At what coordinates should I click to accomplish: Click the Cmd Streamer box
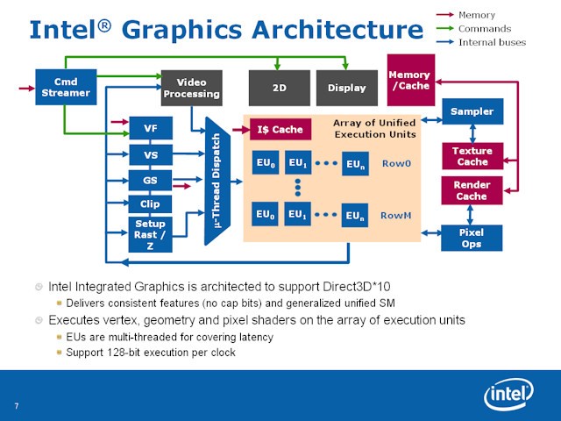coord(66,87)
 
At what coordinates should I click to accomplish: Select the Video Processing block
coord(191,88)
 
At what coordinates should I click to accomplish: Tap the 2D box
coord(279,88)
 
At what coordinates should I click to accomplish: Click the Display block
coord(346,88)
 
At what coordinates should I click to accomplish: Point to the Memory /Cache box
coord(410,80)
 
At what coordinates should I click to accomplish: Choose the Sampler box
coord(472,111)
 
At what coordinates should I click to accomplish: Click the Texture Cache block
coord(472,156)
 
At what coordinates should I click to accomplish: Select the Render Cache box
coord(472,190)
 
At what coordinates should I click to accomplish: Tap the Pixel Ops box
coord(472,238)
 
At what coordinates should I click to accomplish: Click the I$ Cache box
coord(280,130)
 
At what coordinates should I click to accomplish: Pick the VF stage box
coord(150,130)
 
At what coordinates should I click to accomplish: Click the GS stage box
coord(150,181)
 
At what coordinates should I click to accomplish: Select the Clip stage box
coord(150,204)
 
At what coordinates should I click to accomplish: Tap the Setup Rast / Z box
coord(150,234)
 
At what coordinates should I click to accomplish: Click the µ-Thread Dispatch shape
coord(217,181)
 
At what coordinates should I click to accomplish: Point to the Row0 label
coord(396,164)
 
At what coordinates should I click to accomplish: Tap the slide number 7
coord(17,405)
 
